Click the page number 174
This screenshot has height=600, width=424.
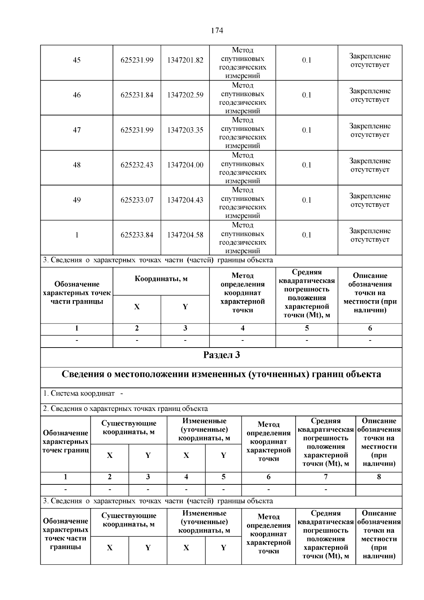217,31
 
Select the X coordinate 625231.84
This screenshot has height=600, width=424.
137,95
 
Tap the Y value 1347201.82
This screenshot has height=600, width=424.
185,60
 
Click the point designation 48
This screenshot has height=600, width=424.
77,165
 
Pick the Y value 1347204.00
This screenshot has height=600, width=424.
185,165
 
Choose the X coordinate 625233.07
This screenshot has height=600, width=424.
137,200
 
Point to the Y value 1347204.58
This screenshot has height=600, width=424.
185,235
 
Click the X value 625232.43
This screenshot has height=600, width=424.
137,165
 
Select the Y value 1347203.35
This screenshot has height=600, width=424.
185,130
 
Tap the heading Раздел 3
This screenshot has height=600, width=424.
221,355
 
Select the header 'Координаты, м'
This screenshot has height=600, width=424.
161,279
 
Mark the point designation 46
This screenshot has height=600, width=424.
77,95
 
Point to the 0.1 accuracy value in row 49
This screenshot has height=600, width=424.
307,200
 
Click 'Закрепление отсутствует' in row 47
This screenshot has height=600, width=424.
370,130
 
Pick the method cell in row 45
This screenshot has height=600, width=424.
242,63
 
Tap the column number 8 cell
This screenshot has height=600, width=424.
379,477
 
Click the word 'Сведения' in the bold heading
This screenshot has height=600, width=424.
83,374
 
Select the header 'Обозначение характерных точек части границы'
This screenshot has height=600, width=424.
77,293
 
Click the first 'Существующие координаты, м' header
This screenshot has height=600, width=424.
129,427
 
